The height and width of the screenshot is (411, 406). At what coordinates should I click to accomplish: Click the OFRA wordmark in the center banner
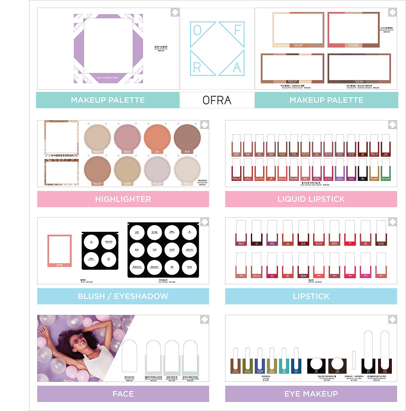pyautogui.click(x=217, y=100)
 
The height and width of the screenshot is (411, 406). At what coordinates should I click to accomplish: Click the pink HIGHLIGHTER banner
pyautogui.click(x=123, y=199)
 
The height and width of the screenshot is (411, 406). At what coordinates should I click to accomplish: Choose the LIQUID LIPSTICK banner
pyautogui.click(x=311, y=199)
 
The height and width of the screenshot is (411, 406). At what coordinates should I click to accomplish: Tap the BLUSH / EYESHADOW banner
pyautogui.click(x=123, y=296)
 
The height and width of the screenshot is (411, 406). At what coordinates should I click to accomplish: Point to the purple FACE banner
pyautogui.click(x=123, y=393)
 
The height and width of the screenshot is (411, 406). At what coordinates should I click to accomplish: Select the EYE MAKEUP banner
pyautogui.click(x=311, y=393)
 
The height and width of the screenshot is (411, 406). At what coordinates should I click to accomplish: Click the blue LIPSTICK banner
pyautogui.click(x=311, y=296)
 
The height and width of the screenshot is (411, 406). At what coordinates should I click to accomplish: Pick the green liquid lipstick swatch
pyautogui.click(x=385, y=172)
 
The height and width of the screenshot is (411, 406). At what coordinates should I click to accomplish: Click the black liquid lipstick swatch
pyautogui.click(x=362, y=172)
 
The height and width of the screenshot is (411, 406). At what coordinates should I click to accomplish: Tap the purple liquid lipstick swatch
pyautogui.click(x=339, y=172)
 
